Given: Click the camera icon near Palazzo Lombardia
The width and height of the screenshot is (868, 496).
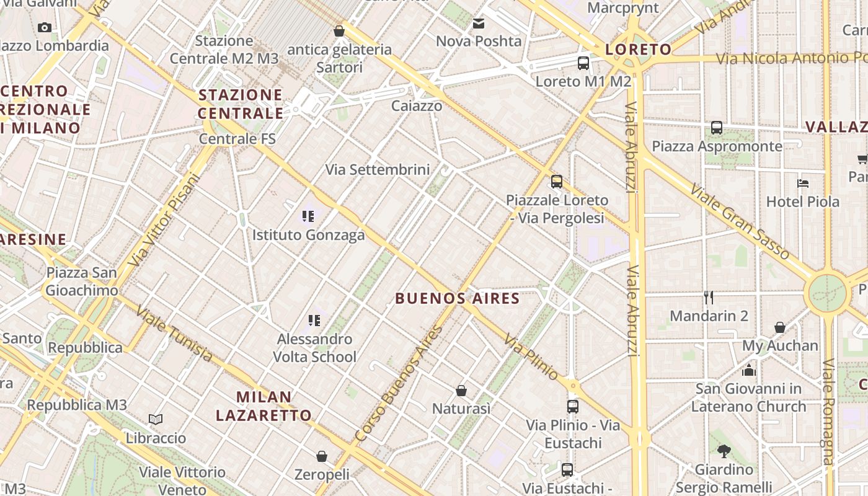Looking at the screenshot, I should (45, 27).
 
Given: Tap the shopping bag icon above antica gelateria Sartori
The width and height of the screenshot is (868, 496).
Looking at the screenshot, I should (339, 30).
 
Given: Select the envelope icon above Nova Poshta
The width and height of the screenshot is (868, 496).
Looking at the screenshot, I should (479, 24).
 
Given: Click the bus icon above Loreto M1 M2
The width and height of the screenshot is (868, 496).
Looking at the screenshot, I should (583, 63).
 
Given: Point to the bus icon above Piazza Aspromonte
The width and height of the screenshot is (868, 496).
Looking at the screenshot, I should (717, 128).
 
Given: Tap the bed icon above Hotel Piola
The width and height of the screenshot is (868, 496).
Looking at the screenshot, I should (803, 184).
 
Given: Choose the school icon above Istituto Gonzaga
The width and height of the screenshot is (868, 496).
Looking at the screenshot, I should (308, 216).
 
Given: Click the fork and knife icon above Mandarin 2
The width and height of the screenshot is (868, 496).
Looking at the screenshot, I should (709, 298).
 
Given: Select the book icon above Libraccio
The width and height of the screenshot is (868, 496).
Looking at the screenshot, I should (156, 420).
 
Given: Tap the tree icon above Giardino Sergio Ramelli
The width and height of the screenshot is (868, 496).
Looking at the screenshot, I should (724, 451).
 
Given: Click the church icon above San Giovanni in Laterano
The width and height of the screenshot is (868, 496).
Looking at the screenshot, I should (749, 371).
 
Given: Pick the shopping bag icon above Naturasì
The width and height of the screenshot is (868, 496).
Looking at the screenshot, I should (461, 391).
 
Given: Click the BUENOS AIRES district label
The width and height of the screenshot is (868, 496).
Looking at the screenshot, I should (458, 299).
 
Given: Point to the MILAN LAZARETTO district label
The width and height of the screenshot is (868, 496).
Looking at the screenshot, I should (263, 406).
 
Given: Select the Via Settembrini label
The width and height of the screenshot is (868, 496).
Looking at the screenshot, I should (378, 169).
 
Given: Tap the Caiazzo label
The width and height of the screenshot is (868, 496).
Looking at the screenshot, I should (417, 106).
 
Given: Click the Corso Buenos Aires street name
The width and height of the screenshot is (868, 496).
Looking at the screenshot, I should (399, 384).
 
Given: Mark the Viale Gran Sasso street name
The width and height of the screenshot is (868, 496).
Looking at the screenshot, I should (739, 221).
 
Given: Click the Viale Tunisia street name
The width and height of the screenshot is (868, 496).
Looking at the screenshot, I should (174, 334).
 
